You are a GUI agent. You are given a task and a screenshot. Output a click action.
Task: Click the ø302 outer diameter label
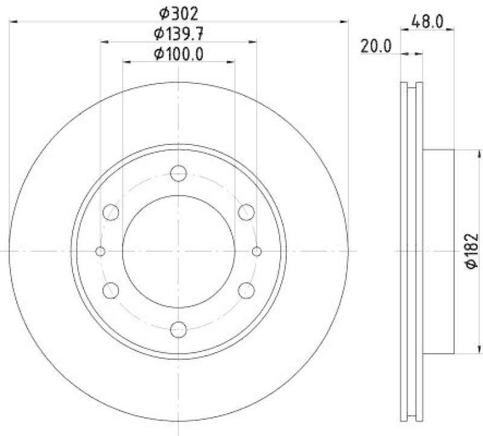pyautogui.click(x=179, y=11)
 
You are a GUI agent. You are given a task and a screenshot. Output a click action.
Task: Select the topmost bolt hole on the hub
pyautogui.click(x=179, y=173)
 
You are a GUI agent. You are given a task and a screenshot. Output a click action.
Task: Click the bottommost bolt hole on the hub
pyautogui.click(x=179, y=329)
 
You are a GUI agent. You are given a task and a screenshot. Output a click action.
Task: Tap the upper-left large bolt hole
pyautogui.click(x=111, y=212)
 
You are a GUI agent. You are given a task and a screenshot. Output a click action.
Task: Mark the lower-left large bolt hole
pyautogui.click(x=111, y=290)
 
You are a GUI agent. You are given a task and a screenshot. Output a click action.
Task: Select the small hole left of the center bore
pyautogui.click(x=101, y=251)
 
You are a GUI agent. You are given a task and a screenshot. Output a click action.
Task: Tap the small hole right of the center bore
pyautogui.click(x=257, y=251)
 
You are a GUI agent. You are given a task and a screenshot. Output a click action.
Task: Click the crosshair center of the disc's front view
pyautogui.click(x=179, y=251)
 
